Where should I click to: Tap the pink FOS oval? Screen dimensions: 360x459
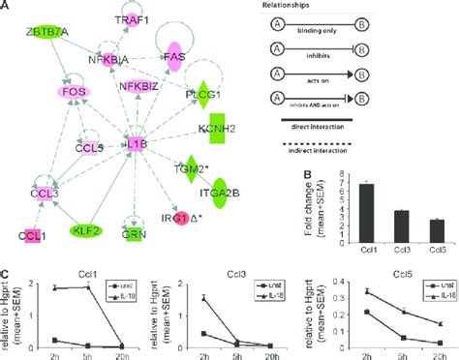(71, 93)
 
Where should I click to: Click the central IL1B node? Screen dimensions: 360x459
(137, 145)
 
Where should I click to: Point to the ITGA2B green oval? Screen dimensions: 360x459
(219, 191)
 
